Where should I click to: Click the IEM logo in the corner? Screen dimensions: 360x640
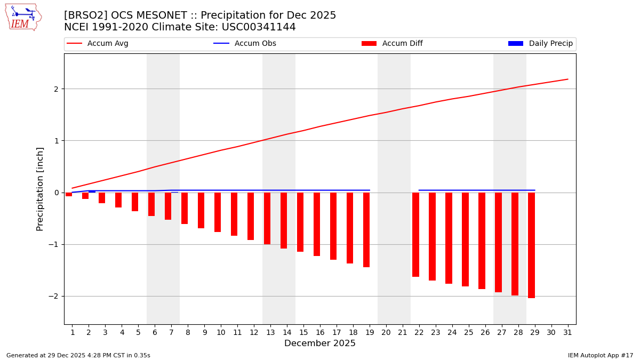tap(23, 17)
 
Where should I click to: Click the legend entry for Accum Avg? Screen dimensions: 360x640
tap(98, 44)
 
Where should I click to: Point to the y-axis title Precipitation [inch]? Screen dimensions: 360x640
tap(41, 189)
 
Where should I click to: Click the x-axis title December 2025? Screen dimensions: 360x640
tap(319, 343)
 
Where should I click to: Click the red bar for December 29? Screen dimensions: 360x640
tap(531, 245)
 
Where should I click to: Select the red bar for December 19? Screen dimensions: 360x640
tap(366, 229)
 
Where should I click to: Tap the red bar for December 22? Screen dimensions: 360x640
tap(415, 234)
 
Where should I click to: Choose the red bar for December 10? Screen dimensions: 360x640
tap(218, 212)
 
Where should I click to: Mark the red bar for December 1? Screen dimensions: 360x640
tap(69, 194)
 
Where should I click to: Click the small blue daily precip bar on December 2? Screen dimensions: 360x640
tap(92, 191)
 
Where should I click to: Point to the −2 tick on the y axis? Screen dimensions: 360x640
tap(55, 296)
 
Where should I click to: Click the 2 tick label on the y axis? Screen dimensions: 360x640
tap(55, 89)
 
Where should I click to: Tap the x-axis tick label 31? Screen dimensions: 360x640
tap(567, 333)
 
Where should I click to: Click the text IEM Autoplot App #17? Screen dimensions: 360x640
tap(600, 355)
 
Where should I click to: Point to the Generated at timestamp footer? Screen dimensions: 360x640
tap(78, 355)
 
